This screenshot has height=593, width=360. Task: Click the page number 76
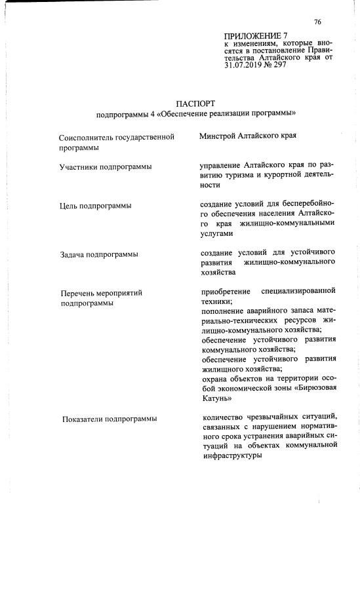tap(317, 22)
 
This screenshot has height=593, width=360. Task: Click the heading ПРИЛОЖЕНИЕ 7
tap(256, 35)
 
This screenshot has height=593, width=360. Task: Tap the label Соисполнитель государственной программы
tap(116, 143)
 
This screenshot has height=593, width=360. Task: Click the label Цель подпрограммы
tap(95, 206)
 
